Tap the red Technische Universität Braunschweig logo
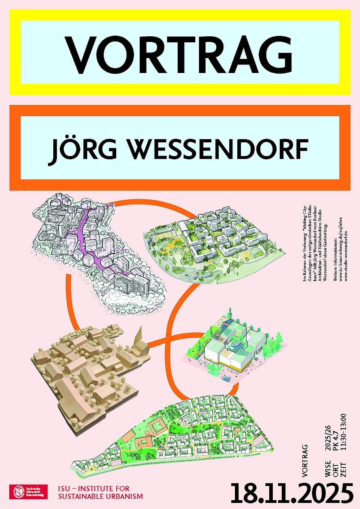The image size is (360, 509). coord(28,492)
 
